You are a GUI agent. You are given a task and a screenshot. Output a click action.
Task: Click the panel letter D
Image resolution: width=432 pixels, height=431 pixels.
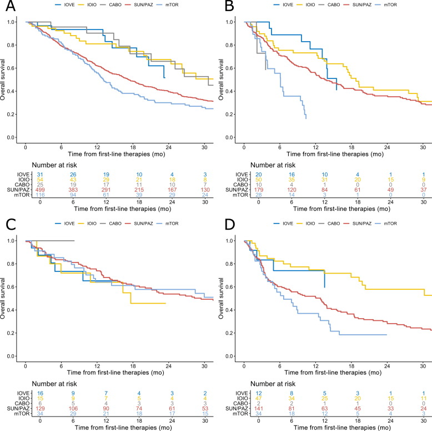[x=224, y=225]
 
